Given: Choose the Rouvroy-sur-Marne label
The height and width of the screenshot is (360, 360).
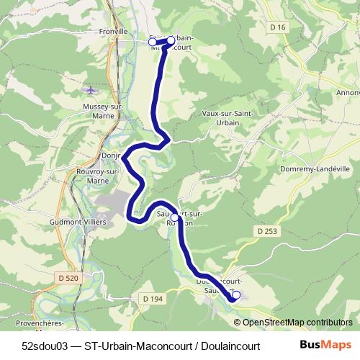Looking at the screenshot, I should tap(97, 176).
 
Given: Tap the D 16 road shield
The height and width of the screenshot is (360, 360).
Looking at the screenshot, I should tap(281, 48).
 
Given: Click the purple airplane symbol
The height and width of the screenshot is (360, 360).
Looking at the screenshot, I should tap(90, 90).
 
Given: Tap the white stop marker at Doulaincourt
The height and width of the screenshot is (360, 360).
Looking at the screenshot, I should tap(236, 294).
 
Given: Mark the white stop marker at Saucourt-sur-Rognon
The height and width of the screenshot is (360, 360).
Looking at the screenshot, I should tap(174, 217).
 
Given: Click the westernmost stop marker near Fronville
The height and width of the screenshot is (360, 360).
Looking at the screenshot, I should tap(152, 42).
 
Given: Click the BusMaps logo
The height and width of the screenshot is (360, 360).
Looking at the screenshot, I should tap(325, 345).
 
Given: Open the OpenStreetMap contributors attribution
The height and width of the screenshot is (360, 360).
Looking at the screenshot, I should tap(297, 323).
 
